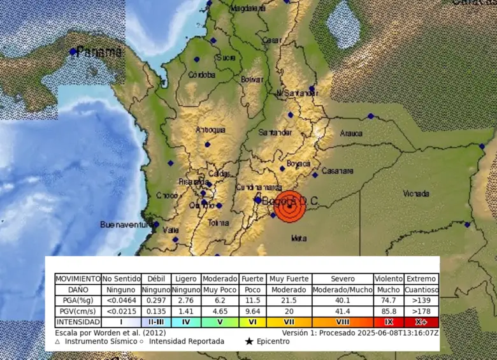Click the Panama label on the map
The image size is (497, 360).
pos(99,53)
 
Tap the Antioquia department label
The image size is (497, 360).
pos(210,130)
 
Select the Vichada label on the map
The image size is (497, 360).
pos(416,193)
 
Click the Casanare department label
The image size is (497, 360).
pos(338,171)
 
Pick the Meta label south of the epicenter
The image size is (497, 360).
pos(298,238)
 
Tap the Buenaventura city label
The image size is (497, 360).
pos(126,225)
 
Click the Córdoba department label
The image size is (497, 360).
pos(202,75)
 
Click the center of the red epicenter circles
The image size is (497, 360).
pos(289,206)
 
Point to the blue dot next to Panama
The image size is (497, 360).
pos(73,51)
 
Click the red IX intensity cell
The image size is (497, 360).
pos(389,322)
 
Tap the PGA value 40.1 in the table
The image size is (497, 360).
pos(343,300)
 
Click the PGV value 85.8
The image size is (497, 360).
pos(389,312)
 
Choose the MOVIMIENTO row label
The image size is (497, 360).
pos(78,279)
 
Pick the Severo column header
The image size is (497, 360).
pos(343,279)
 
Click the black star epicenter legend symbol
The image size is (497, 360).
pos(249,342)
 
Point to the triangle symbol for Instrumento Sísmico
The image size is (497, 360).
pos(57,342)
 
